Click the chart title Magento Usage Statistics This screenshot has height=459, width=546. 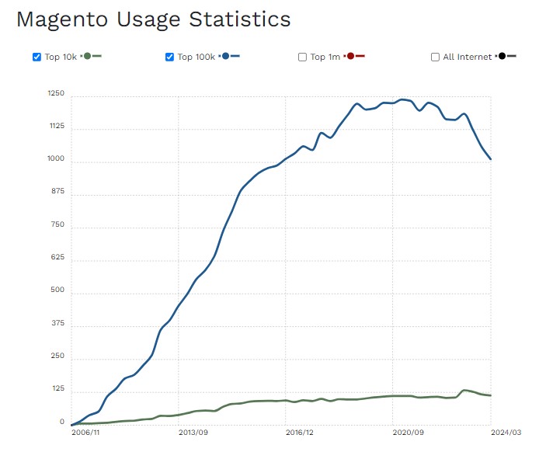pyautogui.click(x=153, y=19)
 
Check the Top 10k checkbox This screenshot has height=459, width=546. pyautogui.click(x=37, y=57)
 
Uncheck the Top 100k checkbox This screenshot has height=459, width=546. pyautogui.click(x=170, y=57)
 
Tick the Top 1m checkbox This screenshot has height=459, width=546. pyautogui.click(x=303, y=57)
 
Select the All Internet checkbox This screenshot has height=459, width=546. pyautogui.click(x=436, y=57)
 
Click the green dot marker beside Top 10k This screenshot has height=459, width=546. pyautogui.click(x=87, y=56)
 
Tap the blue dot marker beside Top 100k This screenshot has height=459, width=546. pyautogui.click(x=224, y=56)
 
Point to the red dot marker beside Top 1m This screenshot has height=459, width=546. pyautogui.click(x=351, y=56)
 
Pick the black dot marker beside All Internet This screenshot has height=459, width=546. pyautogui.click(x=503, y=56)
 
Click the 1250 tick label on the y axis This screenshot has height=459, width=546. pyautogui.click(x=57, y=94)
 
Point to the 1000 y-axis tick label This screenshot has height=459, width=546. pyautogui.click(x=57, y=160)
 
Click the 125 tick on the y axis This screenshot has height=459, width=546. pyautogui.click(x=58, y=390)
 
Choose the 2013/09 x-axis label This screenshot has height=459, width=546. pyautogui.click(x=193, y=433)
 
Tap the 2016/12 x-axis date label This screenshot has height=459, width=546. pyautogui.click(x=299, y=433)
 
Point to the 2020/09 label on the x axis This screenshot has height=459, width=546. pyautogui.click(x=408, y=433)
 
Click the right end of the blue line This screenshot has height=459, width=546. pyautogui.click(x=491, y=159)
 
